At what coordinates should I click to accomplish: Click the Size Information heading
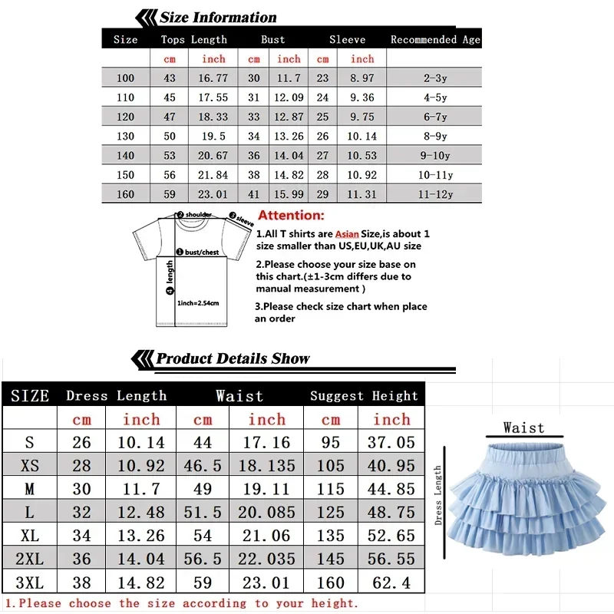pyautogui.click(x=217, y=18)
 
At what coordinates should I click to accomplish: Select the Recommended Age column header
pyautogui.click(x=435, y=39)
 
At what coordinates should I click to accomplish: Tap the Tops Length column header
pyautogui.click(x=194, y=39)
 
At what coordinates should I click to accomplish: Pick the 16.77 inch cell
pyautogui.click(x=213, y=78)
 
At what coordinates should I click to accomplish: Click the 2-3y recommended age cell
pyautogui.click(x=434, y=78)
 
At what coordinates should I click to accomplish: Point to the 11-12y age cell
pyautogui.click(x=434, y=194)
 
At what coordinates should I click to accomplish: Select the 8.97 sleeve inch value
pyautogui.click(x=362, y=78)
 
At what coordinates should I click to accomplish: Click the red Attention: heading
pyautogui.click(x=291, y=216)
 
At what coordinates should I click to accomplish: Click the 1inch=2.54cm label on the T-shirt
pyautogui.click(x=198, y=303)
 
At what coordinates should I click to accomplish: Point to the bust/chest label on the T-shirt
pyautogui.click(x=201, y=251)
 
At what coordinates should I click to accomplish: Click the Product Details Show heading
pyautogui.click(x=233, y=358)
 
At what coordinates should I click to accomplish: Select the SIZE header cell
pyautogui.click(x=30, y=396)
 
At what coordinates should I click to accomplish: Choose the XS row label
pyautogui.click(x=30, y=465)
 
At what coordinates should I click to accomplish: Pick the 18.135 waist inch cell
pyautogui.click(x=266, y=465)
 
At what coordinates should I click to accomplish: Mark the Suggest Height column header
pyautogui.click(x=364, y=396)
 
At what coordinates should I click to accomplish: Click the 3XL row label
pyautogui.click(x=30, y=582)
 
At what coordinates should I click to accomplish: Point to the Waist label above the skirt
pyautogui.click(x=523, y=427)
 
